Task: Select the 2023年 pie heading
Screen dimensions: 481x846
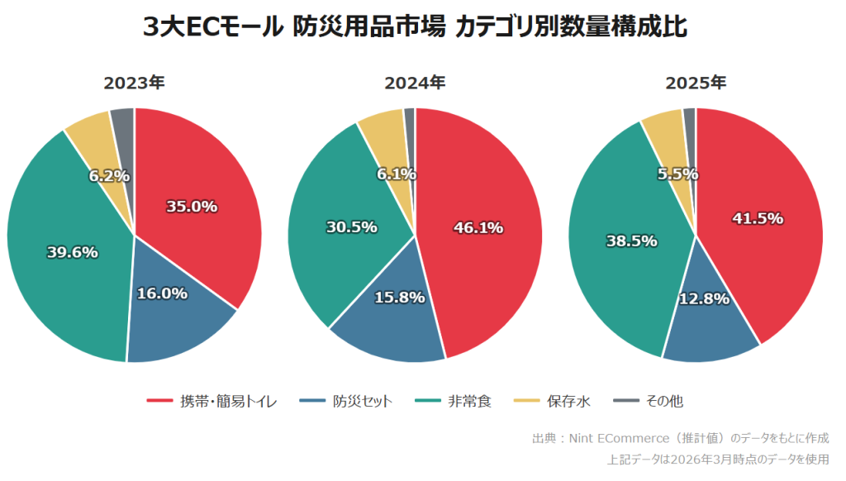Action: pos(134,83)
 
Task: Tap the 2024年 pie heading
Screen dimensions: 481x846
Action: pos(415,83)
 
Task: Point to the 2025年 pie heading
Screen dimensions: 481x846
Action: pos(696,83)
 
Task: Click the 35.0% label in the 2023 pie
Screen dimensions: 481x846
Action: pos(192,207)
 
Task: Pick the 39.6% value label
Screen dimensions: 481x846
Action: pos(72,252)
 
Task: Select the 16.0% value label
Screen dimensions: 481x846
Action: pos(161,293)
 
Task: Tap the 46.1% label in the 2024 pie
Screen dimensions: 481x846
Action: pos(478,227)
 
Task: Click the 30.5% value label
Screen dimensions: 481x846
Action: pos(351,226)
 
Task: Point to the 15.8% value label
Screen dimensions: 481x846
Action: pos(399,297)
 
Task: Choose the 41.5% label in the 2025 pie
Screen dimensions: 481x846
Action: pos(758,219)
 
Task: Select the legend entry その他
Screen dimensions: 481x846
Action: pos(664,402)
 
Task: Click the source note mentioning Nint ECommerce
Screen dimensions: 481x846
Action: pos(680,438)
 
